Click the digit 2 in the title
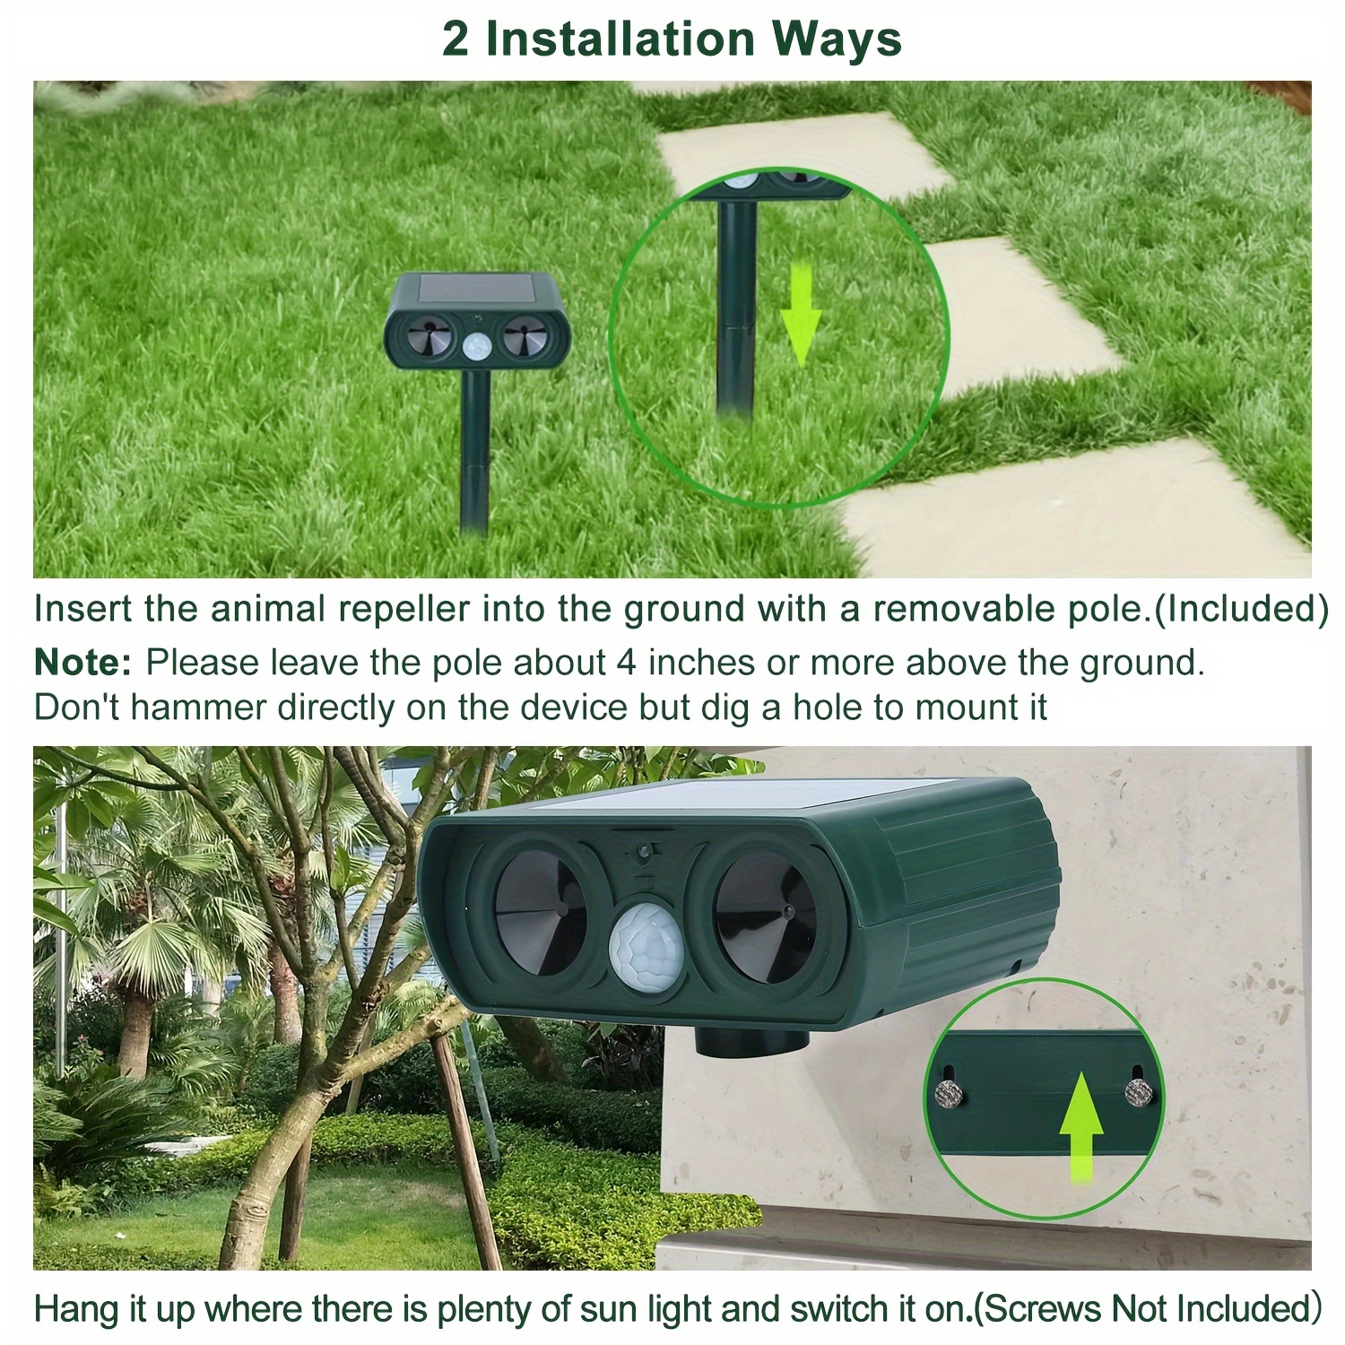455,39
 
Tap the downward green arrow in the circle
800,314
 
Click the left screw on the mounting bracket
949,1091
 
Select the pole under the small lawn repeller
475,448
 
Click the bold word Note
82,663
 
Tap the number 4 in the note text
625,663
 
